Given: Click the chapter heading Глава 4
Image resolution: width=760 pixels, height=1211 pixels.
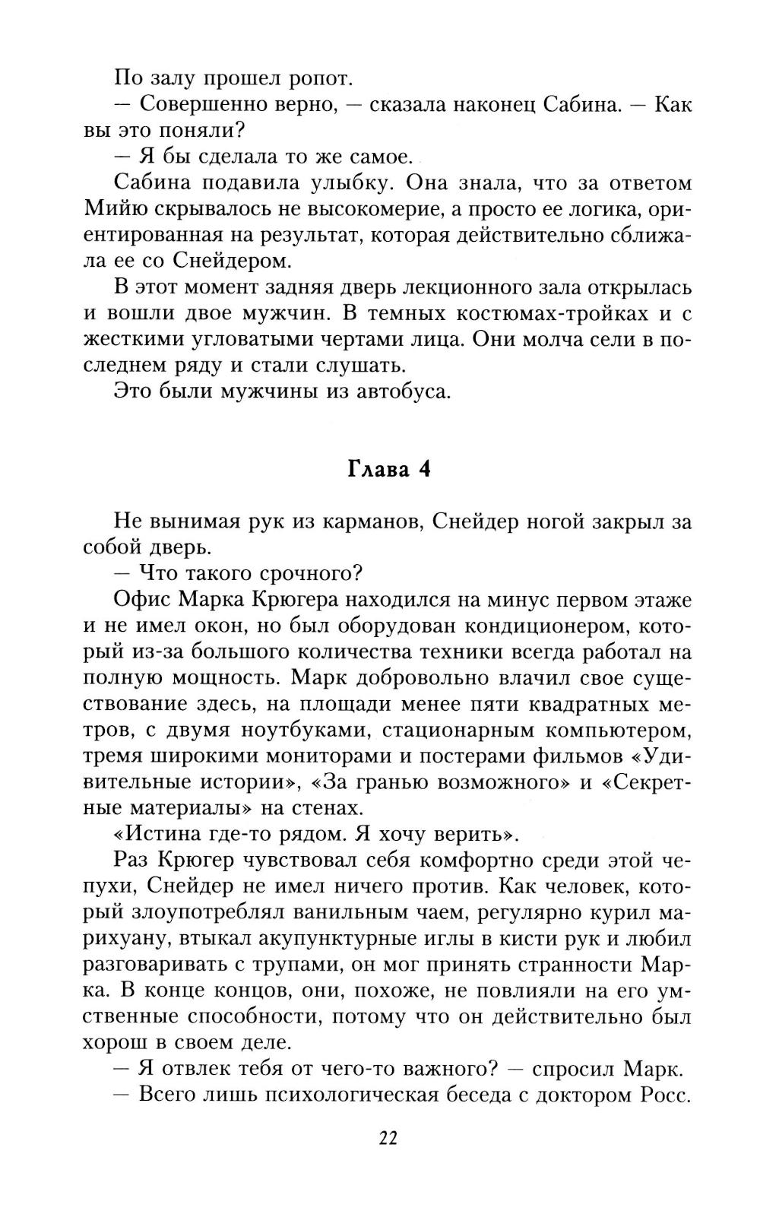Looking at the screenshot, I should [388, 469].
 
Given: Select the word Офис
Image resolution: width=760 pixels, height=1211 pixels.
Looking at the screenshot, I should [141, 600].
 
